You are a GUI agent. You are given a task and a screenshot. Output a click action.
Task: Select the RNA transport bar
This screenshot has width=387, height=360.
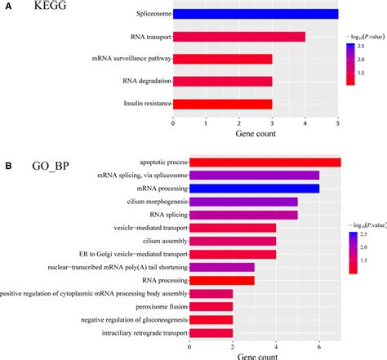coord(239,37)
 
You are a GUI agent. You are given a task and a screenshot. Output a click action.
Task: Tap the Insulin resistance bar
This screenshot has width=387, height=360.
coord(222,104)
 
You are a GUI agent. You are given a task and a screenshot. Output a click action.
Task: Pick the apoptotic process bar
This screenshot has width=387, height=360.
coord(265,162)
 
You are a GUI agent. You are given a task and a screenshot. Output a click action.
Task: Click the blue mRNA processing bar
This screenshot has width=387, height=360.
coord(254,188)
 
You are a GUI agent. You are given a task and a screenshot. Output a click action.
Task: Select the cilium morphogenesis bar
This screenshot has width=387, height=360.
coord(243,202)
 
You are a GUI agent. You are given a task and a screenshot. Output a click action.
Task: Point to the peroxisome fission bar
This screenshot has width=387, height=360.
coord(211,306)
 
